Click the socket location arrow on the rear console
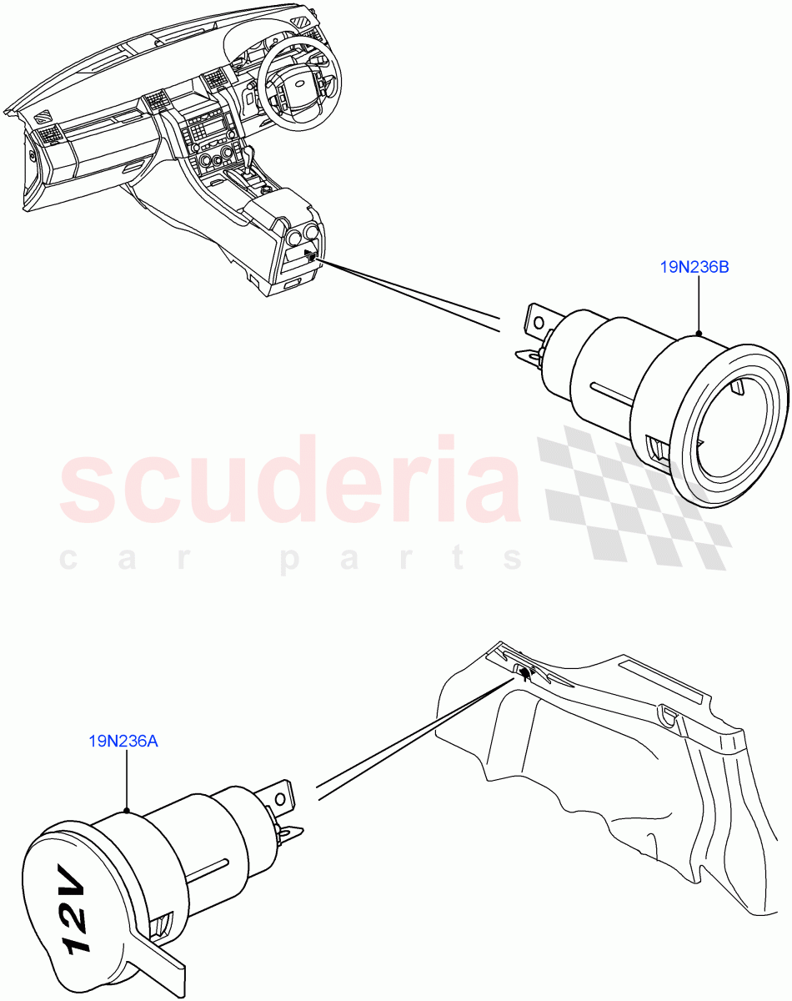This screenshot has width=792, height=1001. [x=309, y=255]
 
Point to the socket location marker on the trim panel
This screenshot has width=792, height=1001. [x=524, y=671]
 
